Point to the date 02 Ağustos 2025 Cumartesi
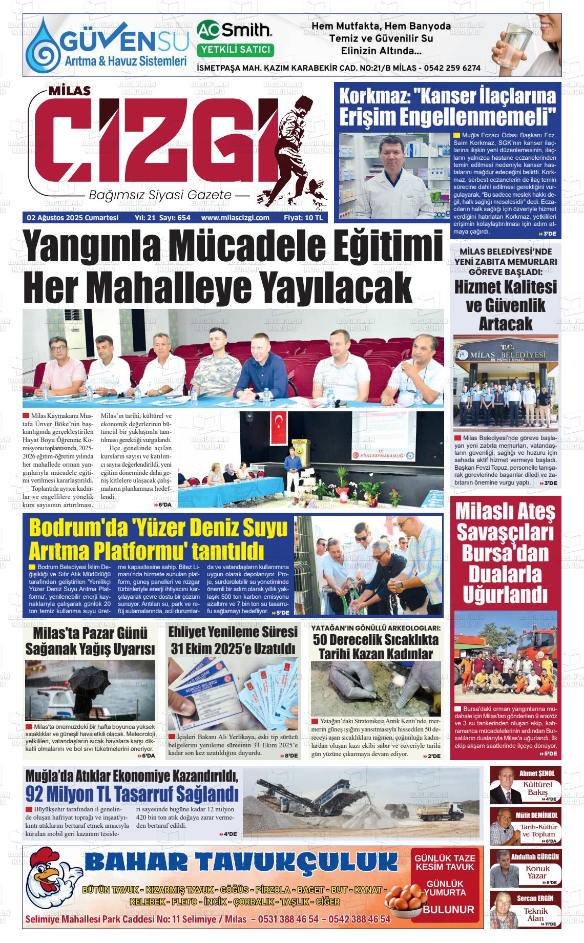(x=72, y=218)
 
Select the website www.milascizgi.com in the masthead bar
(x=235, y=218)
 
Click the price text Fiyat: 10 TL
(x=303, y=218)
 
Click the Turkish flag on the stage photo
(x=279, y=421)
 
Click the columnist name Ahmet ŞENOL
(x=537, y=773)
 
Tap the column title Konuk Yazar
(x=537, y=872)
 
